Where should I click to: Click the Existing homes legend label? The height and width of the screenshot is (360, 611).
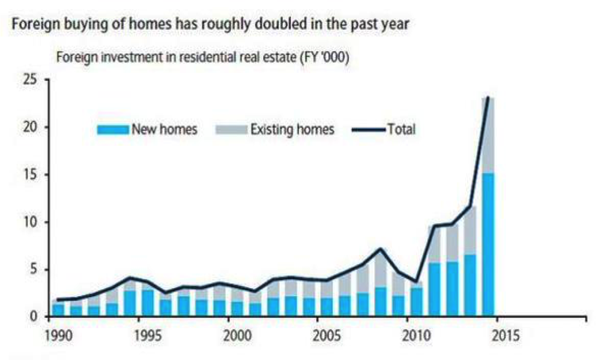coord(292,129)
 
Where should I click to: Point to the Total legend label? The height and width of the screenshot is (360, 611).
coord(401,129)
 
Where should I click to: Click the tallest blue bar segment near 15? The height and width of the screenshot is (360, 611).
coord(488,244)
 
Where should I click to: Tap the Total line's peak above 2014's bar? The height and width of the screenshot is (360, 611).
coord(488,98)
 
